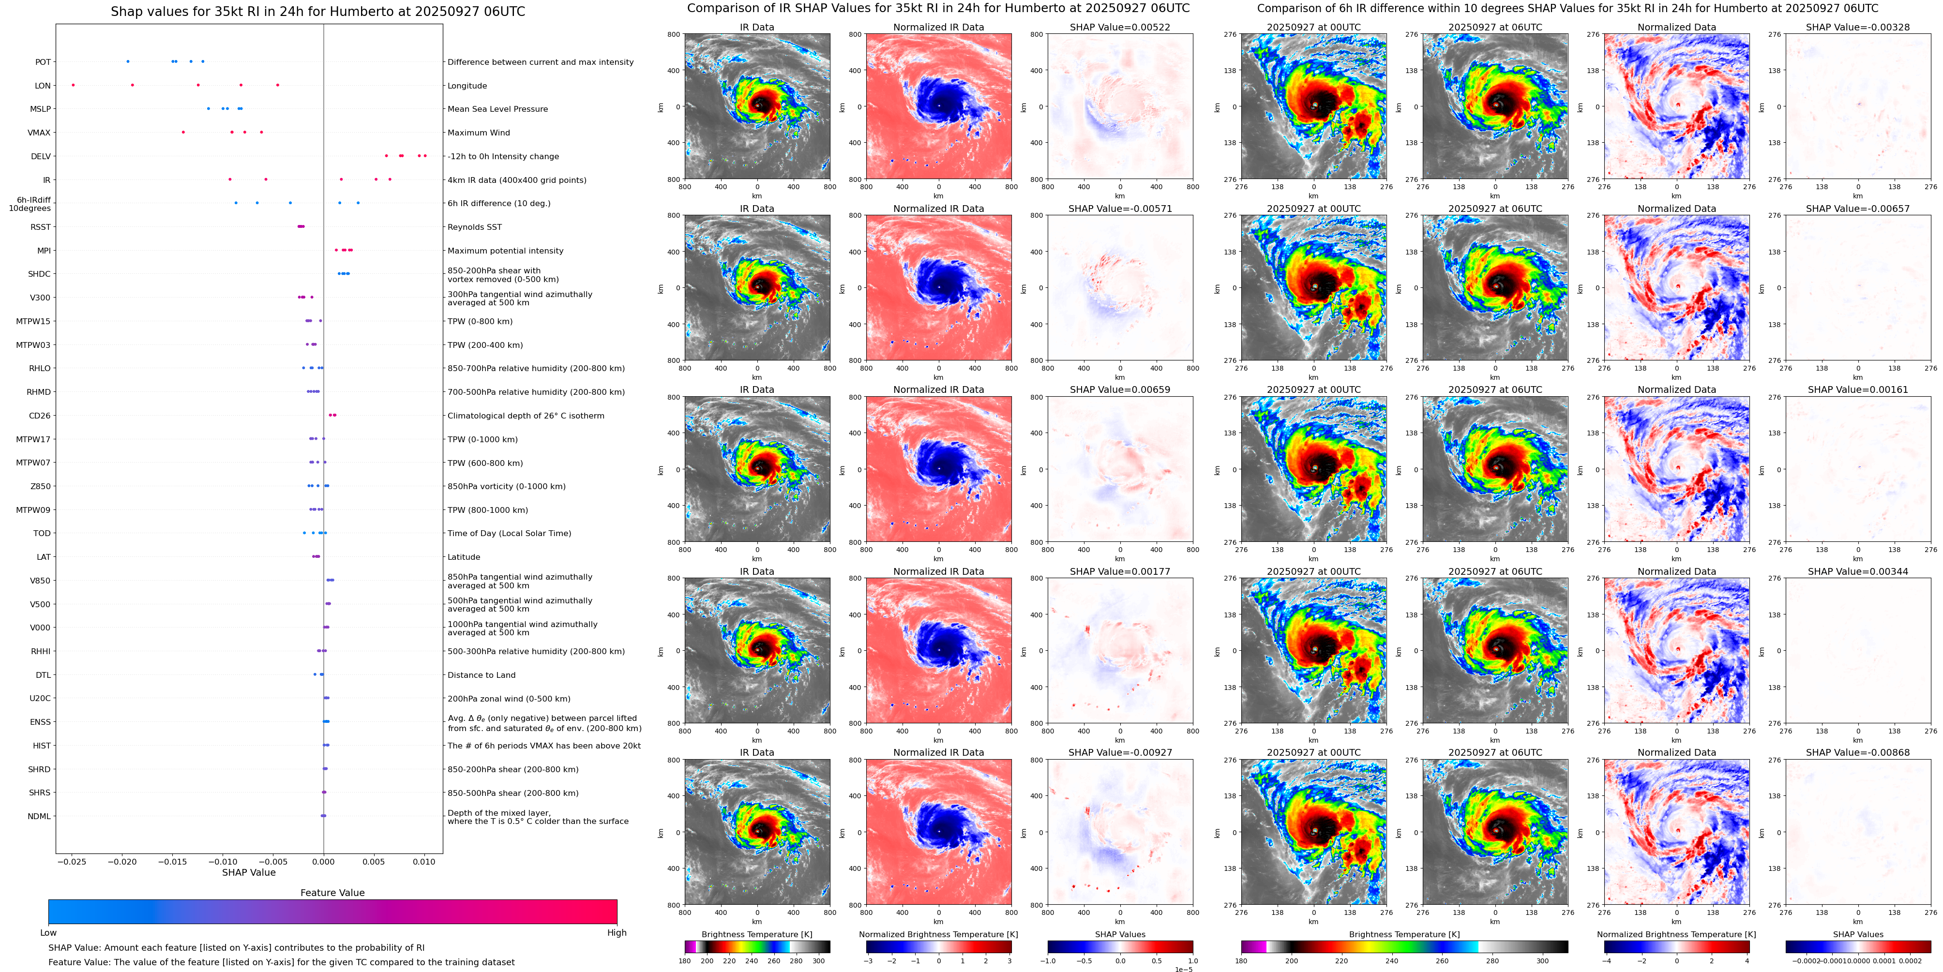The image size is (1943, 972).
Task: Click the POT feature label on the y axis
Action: [x=43, y=62]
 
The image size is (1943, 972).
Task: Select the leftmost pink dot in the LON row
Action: [x=73, y=85]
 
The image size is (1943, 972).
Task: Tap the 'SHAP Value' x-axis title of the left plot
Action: [x=249, y=872]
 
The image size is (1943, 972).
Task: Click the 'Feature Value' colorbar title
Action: [x=332, y=893]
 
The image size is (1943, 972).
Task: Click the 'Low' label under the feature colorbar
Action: [x=48, y=933]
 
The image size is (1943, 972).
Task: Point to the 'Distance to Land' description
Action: [x=481, y=675]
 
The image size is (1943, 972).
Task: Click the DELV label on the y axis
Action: [x=41, y=157]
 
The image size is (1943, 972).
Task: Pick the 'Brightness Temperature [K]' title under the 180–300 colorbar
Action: [x=756, y=934]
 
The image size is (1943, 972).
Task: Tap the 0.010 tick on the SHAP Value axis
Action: [x=424, y=861]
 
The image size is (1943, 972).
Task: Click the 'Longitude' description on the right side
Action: [x=467, y=86]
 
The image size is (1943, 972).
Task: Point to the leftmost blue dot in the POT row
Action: [x=127, y=61]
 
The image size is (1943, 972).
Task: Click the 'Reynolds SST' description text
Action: [x=474, y=227]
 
